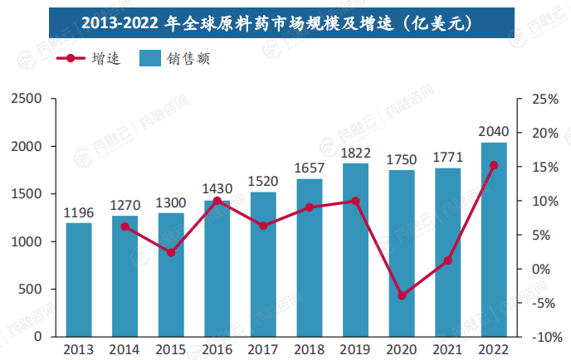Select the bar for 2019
[355, 250]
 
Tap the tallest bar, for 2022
[494, 240]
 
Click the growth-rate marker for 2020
[402, 295]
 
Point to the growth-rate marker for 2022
[494, 165]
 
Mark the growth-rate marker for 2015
[171, 252]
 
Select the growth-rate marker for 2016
[217, 201]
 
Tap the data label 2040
[494, 132]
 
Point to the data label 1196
[79, 212]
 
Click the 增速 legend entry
[90, 59]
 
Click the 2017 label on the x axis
[263, 350]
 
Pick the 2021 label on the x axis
[447, 350]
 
